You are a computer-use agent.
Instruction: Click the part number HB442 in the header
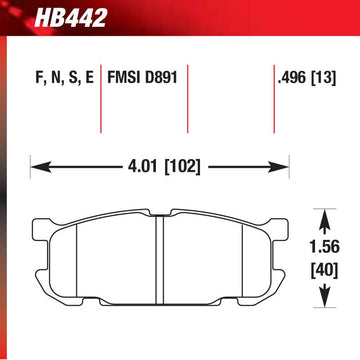click(x=70, y=17)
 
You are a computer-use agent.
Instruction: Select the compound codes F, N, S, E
click(x=65, y=79)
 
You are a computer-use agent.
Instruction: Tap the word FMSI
click(x=124, y=78)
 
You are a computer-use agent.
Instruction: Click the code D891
click(x=161, y=78)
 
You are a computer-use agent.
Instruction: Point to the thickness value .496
click(x=291, y=78)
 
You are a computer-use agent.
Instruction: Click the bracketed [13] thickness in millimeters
click(x=323, y=78)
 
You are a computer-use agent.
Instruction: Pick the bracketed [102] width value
click(x=183, y=167)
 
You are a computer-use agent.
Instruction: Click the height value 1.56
click(x=325, y=247)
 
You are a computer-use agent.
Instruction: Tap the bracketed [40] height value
click(x=325, y=270)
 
